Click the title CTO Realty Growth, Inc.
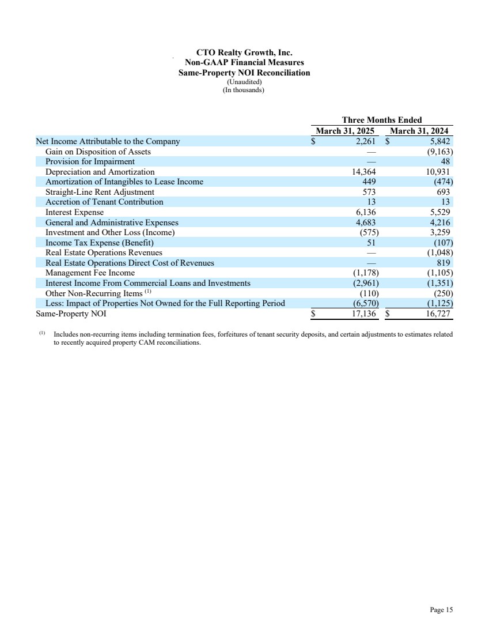coord(244,52)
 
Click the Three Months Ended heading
coord(382,120)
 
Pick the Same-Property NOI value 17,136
coord(362,314)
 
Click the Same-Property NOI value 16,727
coord(436,314)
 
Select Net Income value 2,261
coord(366,141)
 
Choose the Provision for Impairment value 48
coord(445,161)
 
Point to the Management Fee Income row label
coord(90,273)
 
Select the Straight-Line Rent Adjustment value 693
coord(441,192)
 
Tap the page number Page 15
coord(441,610)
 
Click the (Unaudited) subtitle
coord(244,81)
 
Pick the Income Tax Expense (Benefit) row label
coord(100,243)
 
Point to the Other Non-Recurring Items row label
coord(94,293)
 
